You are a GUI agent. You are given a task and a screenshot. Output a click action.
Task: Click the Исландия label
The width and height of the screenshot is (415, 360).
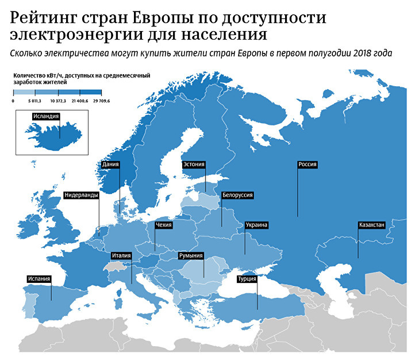pos(46,116)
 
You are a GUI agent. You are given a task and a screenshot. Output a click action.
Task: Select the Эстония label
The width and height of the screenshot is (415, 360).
pos(193,164)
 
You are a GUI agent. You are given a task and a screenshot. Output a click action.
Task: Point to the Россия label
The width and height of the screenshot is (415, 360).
pos(308,164)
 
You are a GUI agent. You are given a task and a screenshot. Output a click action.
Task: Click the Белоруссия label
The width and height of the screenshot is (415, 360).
pos(237,195)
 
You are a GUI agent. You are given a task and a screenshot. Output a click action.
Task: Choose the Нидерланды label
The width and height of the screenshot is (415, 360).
pos(82,195)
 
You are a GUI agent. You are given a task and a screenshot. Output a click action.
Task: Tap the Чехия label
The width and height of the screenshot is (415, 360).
pos(164,225)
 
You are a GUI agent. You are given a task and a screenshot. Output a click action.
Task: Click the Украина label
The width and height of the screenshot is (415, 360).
pos(257,225)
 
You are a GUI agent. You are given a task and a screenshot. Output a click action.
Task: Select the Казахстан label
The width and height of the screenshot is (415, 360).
pos(371,225)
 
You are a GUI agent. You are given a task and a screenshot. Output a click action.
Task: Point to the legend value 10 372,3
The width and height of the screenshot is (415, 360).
pos(58,101)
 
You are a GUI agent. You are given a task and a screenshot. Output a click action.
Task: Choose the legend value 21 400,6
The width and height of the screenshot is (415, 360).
pos(79,101)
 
